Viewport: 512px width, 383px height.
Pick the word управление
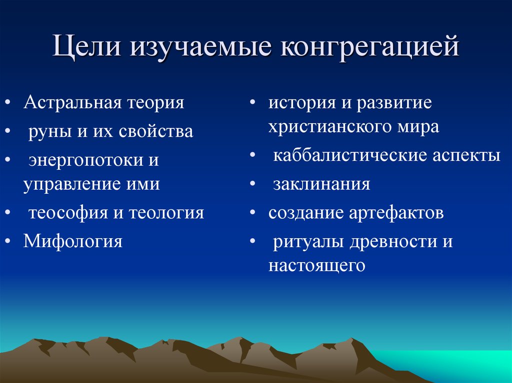(67, 184)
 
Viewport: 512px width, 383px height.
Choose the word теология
(166, 213)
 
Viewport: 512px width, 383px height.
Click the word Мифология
(72, 242)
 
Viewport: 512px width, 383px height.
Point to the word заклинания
(321, 184)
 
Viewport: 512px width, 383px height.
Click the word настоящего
(316, 266)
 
